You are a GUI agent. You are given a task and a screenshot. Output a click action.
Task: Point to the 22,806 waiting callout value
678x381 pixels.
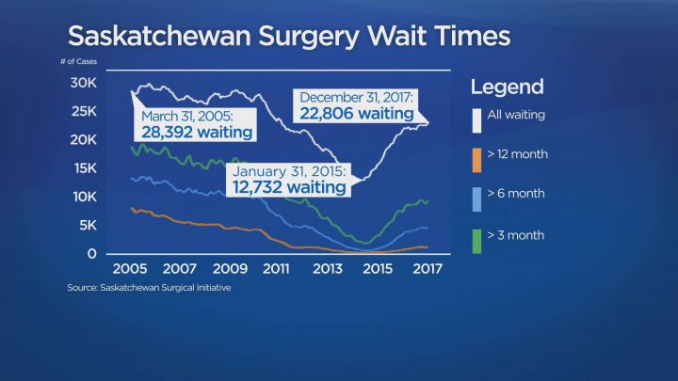(358, 113)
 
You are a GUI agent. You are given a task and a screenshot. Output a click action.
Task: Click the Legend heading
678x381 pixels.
(507, 87)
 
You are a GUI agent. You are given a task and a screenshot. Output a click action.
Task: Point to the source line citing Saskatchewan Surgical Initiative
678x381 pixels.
(149, 288)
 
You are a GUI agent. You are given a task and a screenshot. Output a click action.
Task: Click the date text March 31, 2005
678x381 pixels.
(187, 117)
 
